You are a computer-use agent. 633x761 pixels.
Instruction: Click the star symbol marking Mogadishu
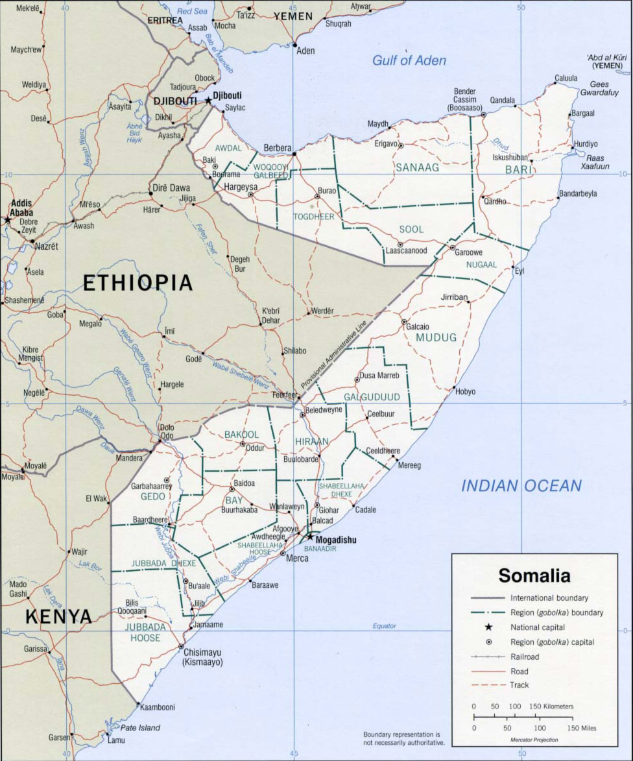click(x=310, y=537)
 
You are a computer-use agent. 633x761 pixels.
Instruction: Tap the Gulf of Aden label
click(x=409, y=60)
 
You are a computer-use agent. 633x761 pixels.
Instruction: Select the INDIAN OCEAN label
click(x=521, y=485)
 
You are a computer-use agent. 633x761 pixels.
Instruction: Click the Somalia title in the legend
click(x=534, y=575)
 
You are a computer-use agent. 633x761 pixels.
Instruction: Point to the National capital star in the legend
click(x=488, y=627)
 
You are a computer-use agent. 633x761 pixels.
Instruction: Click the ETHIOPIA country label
click(x=137, y=283)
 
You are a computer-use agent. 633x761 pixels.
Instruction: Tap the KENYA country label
click(x=58, y=616)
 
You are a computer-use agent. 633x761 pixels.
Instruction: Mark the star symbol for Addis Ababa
click(x=8, y=220)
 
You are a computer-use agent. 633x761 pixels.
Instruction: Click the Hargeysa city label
click(x=241, y=187)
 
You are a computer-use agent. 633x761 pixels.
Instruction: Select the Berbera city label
click(x=277, y=148)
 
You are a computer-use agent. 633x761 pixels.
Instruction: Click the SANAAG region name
click(x=418, y=167)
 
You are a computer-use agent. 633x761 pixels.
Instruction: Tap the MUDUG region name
click(x=436, y=337)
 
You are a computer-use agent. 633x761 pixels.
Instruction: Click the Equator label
click(x=384, y=626)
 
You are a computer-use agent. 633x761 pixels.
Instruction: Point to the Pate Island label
click(x=140, y=728)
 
